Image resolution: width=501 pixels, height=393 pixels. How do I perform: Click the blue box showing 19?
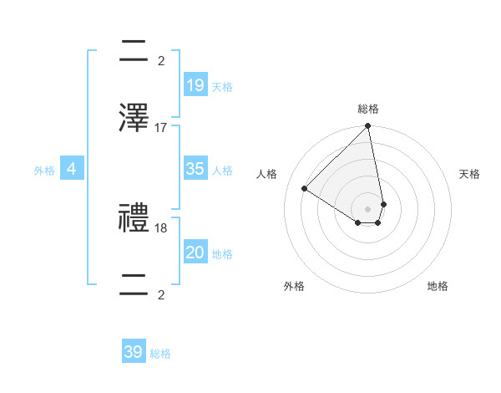click(195, 85)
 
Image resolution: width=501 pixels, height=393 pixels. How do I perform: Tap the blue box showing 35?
click(195, 169)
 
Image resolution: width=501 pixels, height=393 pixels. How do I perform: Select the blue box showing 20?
click(195, 253)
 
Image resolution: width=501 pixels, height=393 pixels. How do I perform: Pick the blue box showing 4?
click(71, 169)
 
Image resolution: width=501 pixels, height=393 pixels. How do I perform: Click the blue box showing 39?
click(134, 352)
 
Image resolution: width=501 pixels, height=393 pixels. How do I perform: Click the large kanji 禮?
click(134, 219)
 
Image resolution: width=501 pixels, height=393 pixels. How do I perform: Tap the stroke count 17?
click(161, 127)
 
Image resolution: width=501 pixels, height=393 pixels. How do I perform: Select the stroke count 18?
click(161, 227)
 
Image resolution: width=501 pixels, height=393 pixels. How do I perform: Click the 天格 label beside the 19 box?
click(222, 87)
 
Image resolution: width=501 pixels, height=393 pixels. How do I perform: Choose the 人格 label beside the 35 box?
click(222, 171)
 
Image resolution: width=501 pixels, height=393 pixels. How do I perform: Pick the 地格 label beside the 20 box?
click(222, 254)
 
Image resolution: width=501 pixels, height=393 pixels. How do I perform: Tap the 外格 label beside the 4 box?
click(44, 171)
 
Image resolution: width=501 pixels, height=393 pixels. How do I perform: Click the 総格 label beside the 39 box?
click(160, 354)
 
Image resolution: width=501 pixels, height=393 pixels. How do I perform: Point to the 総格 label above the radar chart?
click(368, 109)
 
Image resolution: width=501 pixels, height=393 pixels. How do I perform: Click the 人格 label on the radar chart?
click(267, 174)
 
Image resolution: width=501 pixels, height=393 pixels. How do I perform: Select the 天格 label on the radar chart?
click(469, 174)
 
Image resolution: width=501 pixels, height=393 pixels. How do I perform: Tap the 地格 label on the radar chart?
click(438, 286)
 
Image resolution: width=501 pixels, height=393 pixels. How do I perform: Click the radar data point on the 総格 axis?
click(368, 127)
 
